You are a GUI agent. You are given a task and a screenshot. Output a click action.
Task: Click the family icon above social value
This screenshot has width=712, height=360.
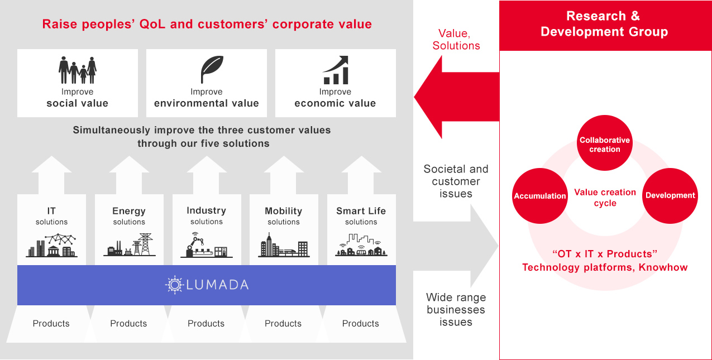78,70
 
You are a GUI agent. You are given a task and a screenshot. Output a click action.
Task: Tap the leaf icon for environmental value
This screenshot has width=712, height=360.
212,70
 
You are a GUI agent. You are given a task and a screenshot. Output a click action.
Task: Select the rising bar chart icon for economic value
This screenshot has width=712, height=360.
336,70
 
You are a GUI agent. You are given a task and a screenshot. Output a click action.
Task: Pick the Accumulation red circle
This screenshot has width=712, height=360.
539,196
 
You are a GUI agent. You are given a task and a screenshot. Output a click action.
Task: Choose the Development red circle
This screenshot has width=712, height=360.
670,195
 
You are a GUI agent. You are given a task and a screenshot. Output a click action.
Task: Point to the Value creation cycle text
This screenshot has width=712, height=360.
605,198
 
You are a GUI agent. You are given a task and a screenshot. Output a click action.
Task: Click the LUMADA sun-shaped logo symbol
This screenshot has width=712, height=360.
174,285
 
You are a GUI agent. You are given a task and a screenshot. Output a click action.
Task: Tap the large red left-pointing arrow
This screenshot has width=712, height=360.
455,97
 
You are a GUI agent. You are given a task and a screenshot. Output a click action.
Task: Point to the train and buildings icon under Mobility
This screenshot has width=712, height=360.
284,245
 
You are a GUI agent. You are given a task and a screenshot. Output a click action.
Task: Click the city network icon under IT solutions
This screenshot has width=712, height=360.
51,246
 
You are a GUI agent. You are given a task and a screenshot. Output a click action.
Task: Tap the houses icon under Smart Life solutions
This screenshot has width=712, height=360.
361,246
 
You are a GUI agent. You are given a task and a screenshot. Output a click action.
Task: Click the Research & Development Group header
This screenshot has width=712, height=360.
604,24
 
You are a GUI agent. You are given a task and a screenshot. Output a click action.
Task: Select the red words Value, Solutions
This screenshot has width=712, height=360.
456,40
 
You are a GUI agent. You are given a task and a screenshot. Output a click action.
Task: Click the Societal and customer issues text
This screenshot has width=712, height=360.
456,181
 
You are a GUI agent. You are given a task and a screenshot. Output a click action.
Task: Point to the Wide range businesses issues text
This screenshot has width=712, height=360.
456,310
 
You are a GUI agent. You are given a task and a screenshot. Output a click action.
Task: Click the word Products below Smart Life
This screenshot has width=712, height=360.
360,324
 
